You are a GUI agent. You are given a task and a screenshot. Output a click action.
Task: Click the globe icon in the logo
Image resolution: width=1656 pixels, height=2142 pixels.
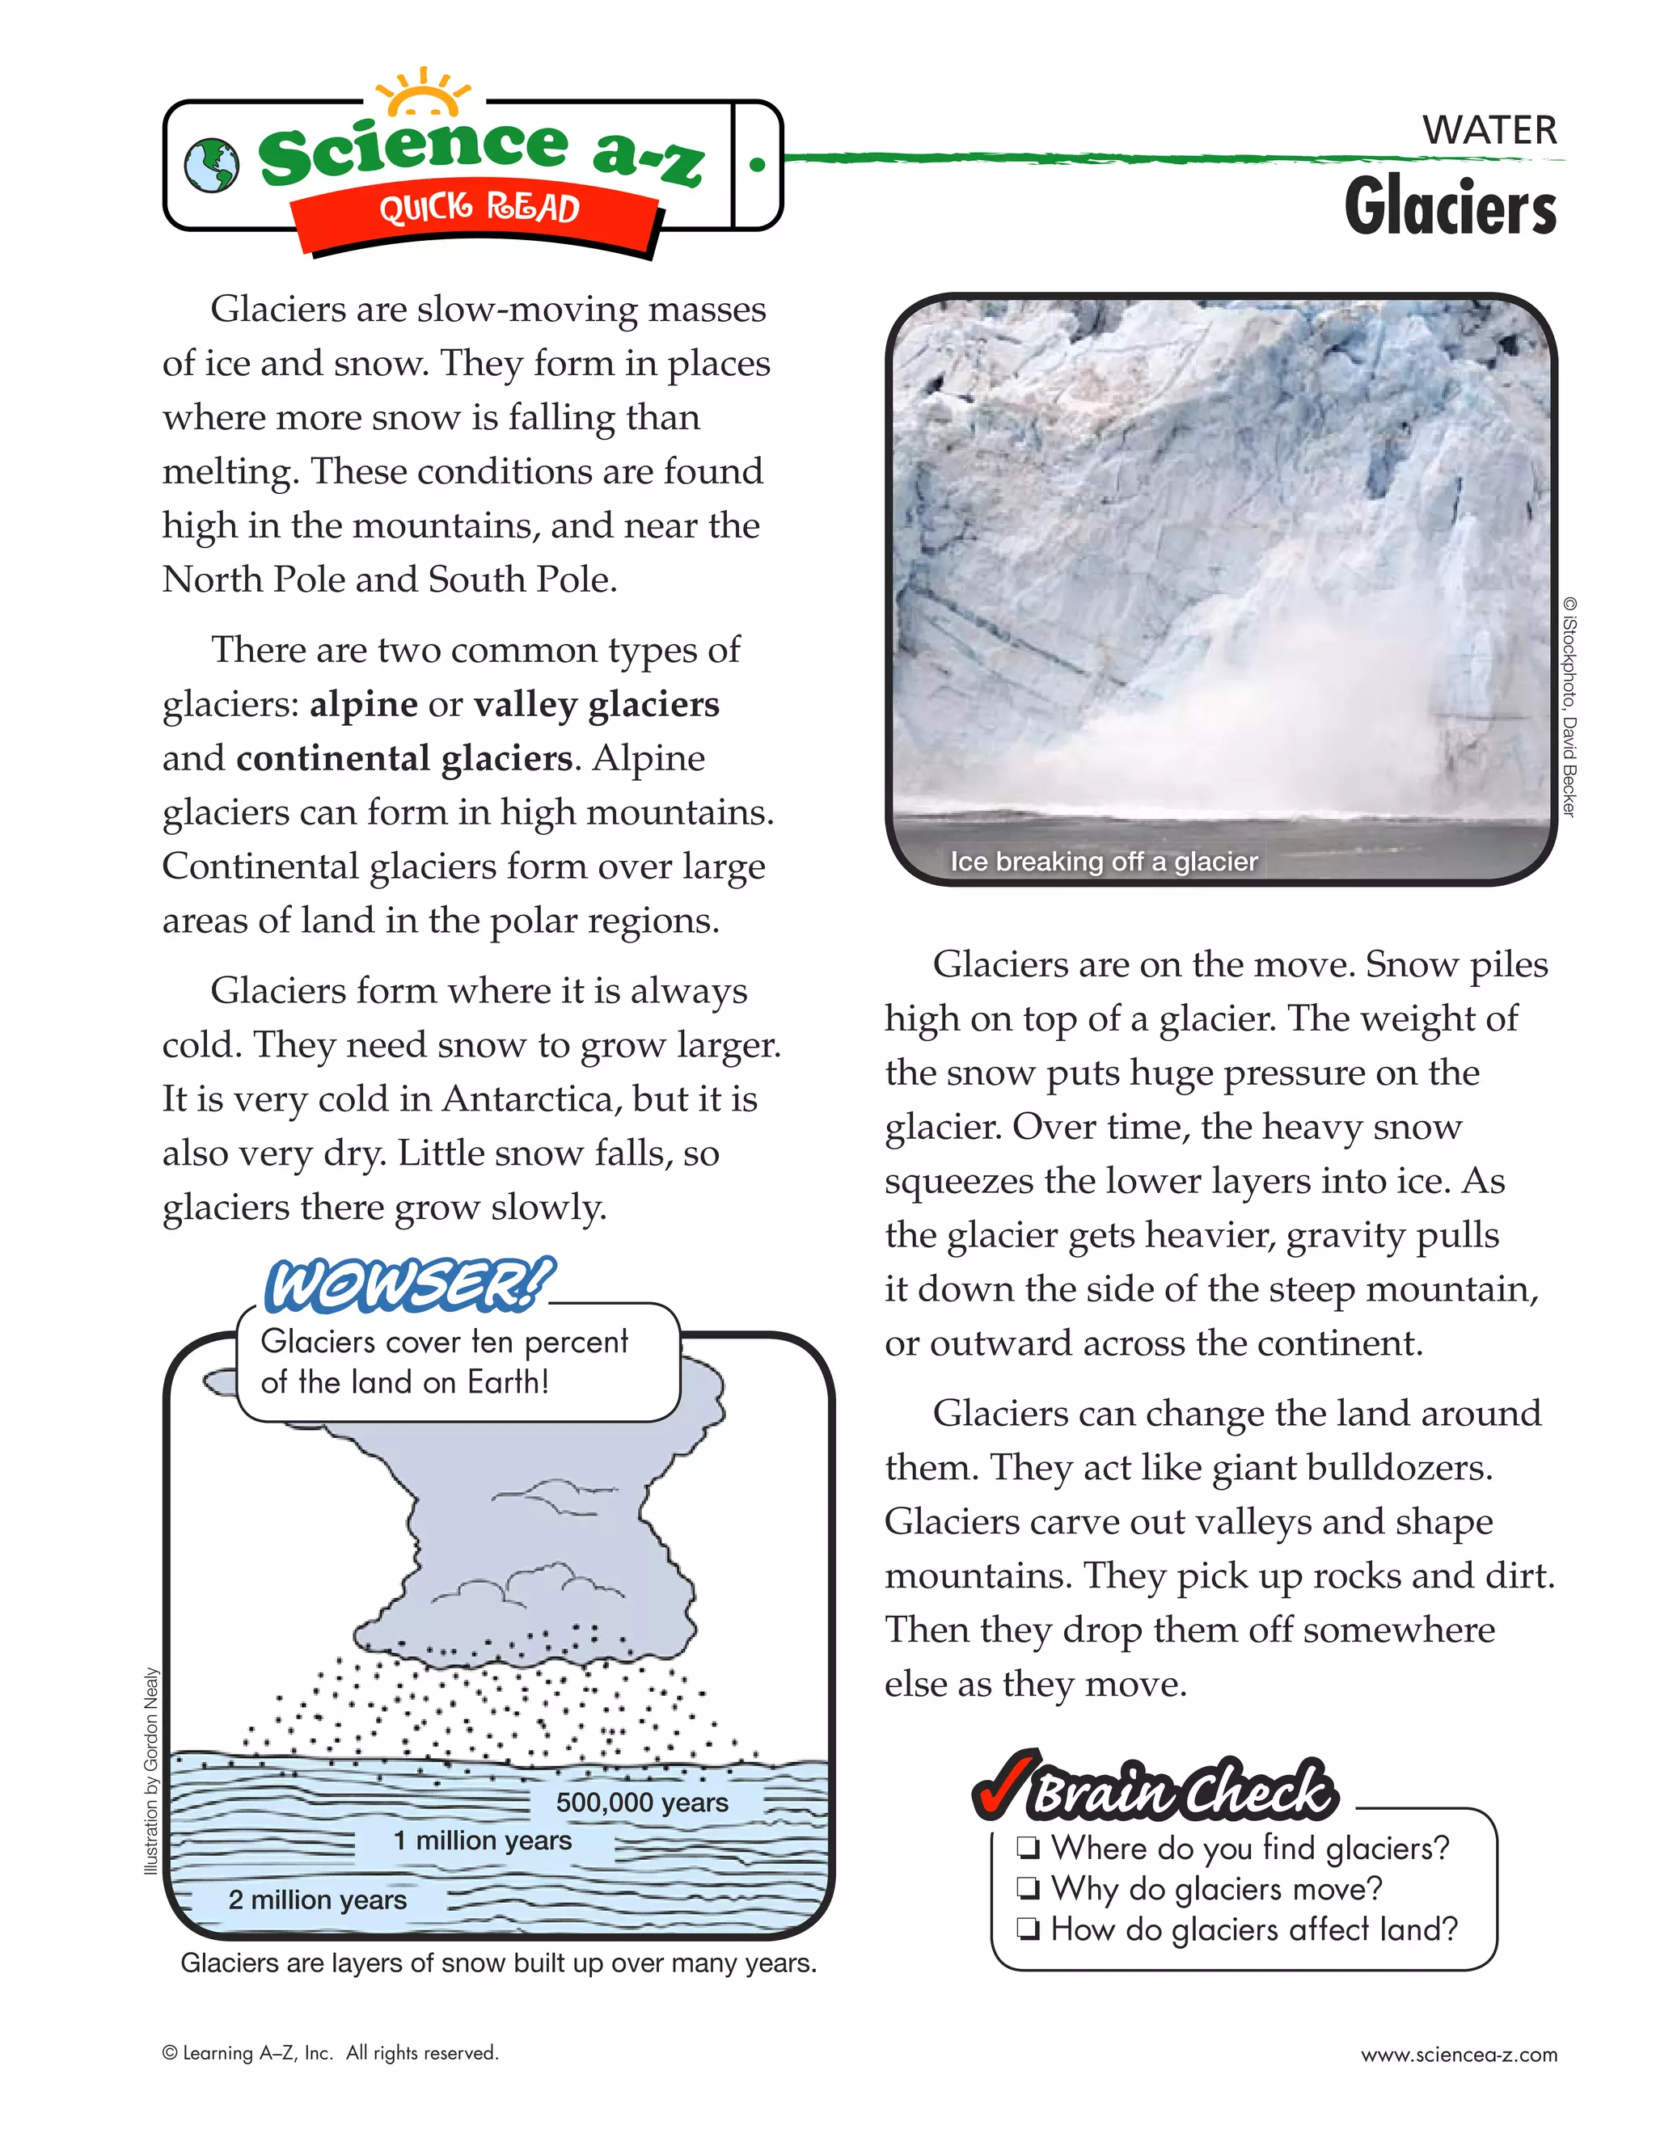(x=211, y=165)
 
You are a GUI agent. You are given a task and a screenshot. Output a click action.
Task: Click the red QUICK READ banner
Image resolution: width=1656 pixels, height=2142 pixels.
(x=479, y=210)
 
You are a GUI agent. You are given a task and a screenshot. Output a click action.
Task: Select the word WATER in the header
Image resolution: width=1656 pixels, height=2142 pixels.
(x=1489, y=130)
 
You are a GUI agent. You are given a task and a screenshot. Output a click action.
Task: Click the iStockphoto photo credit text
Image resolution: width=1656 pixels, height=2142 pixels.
(x=1569, y=706)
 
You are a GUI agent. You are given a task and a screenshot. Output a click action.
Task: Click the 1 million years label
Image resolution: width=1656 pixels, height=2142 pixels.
(x=483, y=1841)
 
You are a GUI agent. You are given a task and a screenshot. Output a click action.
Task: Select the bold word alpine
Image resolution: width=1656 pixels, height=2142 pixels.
(x=364, y=704)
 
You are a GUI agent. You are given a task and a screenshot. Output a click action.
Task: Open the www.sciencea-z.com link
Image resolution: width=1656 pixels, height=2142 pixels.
(x=1458, y=2055)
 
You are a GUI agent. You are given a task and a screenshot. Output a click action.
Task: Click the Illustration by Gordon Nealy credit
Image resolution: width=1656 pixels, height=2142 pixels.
(x=151, y=1770)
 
